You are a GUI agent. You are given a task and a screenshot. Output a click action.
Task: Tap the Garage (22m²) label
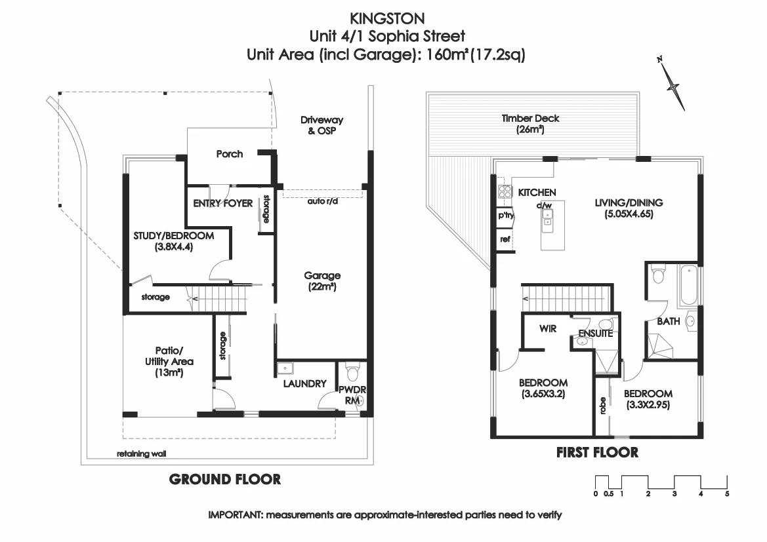322,281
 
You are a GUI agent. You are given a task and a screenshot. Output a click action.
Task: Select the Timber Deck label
530,124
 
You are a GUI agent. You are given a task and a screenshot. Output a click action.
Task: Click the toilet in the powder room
352,372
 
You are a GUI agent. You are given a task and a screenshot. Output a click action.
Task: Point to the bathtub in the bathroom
686,284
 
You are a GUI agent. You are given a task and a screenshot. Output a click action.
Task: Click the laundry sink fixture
285,368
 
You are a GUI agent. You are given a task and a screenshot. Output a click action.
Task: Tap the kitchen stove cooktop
505,191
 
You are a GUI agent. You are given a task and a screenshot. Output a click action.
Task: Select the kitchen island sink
547,218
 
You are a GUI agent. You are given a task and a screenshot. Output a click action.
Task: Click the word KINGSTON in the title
387,18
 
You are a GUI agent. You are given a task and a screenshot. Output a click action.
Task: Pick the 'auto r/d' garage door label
322,201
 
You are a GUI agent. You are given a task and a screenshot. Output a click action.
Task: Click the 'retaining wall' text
141,454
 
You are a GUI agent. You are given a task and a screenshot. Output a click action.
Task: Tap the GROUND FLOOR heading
225,479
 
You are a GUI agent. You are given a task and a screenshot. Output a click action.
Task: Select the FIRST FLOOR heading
597,452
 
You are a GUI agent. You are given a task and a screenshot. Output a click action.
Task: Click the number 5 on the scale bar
727,494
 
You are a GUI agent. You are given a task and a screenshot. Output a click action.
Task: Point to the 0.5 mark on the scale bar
608,494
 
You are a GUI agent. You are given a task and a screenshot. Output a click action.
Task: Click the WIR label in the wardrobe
548,328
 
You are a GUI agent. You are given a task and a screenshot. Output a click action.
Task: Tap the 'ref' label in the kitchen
505,239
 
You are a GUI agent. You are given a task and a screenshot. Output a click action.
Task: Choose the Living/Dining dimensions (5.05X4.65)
629,214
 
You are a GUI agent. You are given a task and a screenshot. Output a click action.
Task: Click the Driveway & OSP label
322,125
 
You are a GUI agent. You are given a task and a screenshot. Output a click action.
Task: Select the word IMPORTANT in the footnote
236,514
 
